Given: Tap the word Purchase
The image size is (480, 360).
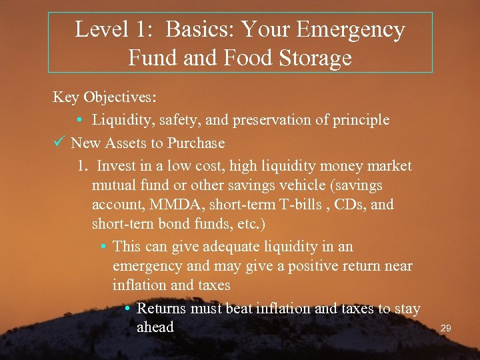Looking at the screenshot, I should pos(196,143).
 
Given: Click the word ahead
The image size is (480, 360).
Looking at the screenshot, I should pos(155,327).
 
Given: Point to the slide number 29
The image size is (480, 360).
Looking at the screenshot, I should pos(447,329).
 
